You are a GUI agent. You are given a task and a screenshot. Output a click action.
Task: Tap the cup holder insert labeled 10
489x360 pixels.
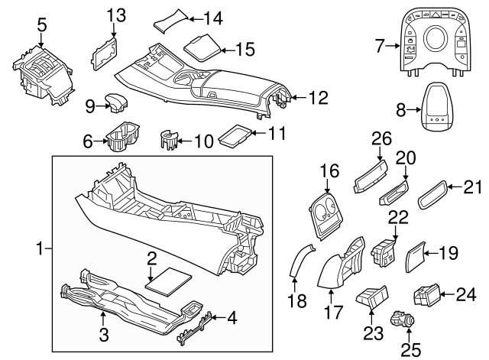coord(170,141)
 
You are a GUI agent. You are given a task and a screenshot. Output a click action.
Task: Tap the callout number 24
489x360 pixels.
coord(468,294)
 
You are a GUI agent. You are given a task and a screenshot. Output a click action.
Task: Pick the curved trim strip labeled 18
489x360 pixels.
coord(300,261)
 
